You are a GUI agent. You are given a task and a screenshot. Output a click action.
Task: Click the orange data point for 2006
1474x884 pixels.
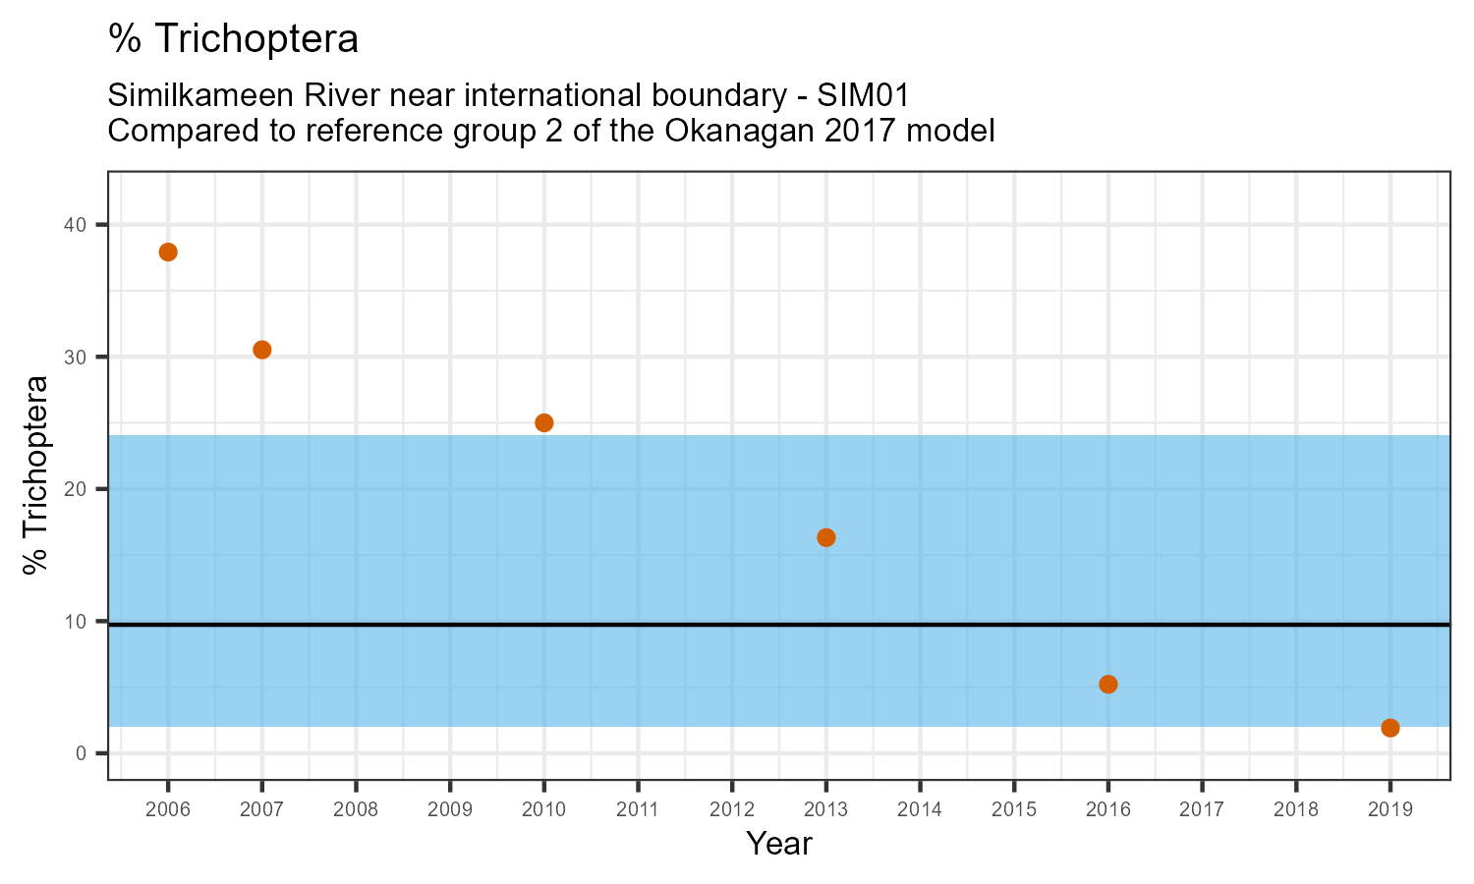click(x=168, y=252)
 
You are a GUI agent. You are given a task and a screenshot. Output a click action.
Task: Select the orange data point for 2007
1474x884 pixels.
click(x=262, y=350)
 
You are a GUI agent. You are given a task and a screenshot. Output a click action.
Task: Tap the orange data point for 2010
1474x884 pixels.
click(x=544, y=422)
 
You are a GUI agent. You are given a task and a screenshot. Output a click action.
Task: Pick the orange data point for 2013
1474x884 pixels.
click(x=826, y=537)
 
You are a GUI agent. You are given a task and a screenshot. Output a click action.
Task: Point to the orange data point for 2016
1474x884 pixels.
click(x=1108, y=685)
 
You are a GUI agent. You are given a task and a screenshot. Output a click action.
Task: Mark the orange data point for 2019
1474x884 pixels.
click(x=1390, y=728)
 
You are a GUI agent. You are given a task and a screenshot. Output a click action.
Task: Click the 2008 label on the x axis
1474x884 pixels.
click(x=356, y=809)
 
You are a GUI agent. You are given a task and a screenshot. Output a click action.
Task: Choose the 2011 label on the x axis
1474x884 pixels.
click(x=638, y=809)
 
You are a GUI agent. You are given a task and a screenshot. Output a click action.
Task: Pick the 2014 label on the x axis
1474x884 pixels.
click(x=920, y=809)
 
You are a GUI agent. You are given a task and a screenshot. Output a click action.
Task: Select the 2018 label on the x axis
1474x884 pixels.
click(x=1296, y=809)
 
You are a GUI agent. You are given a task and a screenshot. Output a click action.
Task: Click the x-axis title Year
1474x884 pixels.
click(x=779, y=844)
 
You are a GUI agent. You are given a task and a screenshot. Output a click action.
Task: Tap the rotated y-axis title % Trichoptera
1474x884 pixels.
click(x=37, y=474)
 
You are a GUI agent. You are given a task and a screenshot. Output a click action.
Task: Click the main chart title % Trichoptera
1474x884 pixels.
click(x=233, y=39)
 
